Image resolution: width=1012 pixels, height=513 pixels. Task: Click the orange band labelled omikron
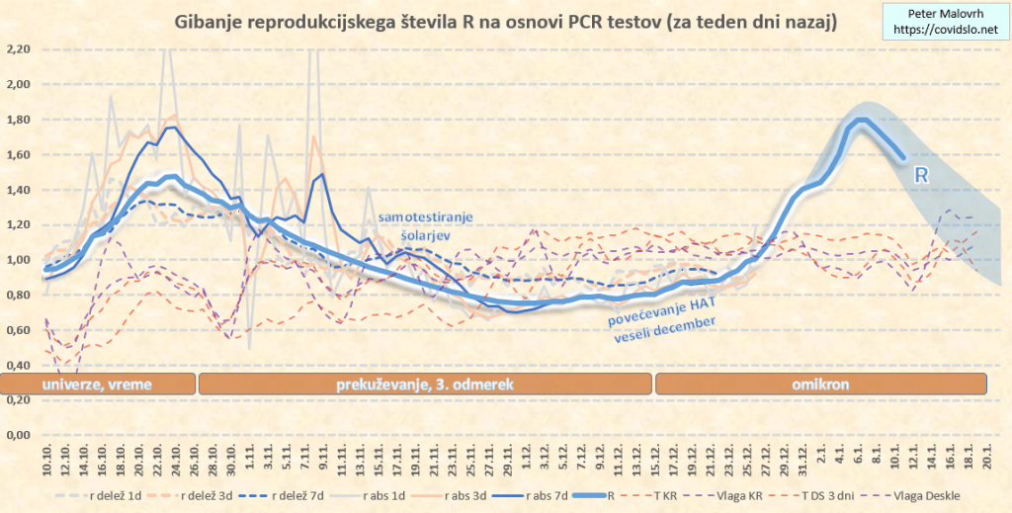821,384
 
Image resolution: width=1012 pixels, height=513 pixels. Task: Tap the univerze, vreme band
98,384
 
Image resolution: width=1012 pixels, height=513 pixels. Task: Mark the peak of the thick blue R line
862,121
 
